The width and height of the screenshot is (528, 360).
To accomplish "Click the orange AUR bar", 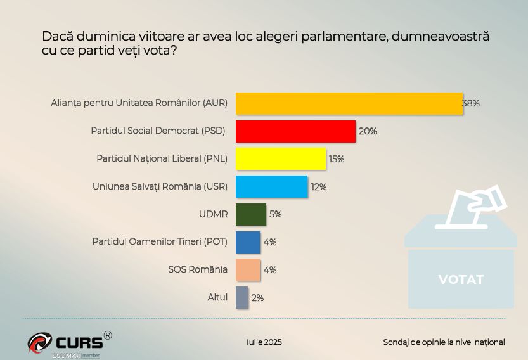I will pos(349,104).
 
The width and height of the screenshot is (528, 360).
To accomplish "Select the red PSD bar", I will pos(295,131).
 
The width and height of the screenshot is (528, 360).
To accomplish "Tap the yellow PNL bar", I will pos(281,159).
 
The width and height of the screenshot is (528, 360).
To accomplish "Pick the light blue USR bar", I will pos(271,187).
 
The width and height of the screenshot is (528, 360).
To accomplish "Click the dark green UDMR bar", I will pos(250,214).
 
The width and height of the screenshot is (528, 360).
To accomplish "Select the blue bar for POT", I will pos(247,242).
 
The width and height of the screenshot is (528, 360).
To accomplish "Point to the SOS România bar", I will pos(247,269).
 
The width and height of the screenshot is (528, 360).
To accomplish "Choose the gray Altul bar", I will pos(241,297).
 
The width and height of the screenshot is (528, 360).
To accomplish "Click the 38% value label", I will pos(471,104).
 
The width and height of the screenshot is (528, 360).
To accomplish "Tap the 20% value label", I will pos(368,131).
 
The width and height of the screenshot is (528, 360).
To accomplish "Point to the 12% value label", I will pos(318,187).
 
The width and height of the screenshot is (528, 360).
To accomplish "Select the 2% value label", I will pos(257,297).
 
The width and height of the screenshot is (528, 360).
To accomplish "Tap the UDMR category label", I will pos(213,214).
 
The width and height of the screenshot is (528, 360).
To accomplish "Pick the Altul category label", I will pos(217,297).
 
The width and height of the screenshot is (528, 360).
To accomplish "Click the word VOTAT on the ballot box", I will pos(461,280).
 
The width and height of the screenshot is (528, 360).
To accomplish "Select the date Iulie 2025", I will pos(264,342).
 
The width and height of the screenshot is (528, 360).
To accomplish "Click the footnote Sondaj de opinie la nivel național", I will pos(444,342).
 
